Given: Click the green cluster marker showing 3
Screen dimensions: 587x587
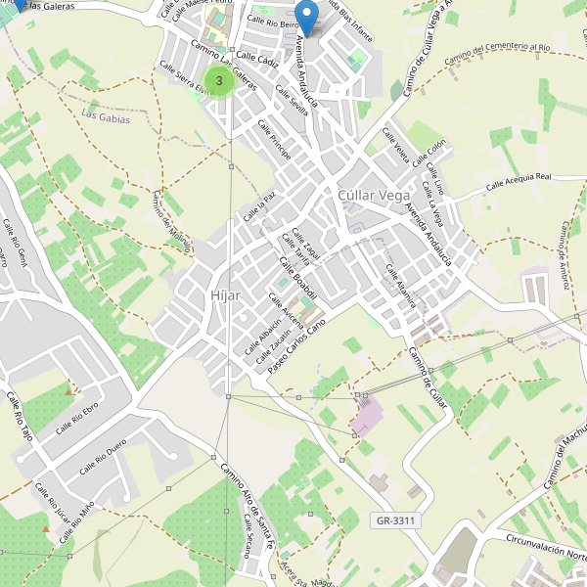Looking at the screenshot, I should pyautogui.click(x=219, y=80).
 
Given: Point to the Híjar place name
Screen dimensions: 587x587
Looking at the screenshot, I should pyautogui.click(x=224, y=295).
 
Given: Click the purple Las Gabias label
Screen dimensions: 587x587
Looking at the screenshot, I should pyautogui.click(x=104, y=116).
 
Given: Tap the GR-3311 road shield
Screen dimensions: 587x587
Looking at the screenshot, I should pyautogui.click(x=396, y=520).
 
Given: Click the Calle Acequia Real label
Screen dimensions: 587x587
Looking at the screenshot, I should pyautogui.click(x=519, y=180).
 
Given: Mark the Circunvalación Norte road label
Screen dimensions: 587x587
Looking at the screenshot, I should pyautogui.click(x=544, y=546).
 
